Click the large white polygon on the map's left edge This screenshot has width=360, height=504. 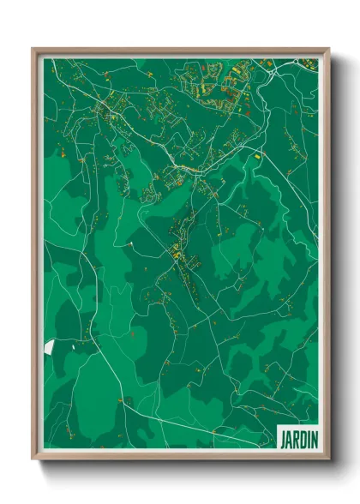tap(49, 347)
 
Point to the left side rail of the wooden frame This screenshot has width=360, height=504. tap(35, 257)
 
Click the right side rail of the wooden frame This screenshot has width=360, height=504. tap(327, 257)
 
